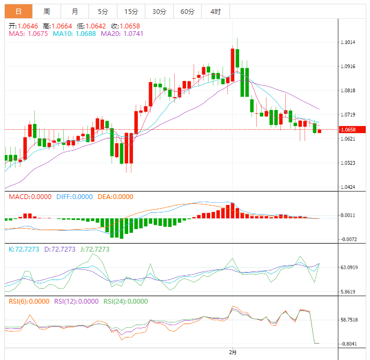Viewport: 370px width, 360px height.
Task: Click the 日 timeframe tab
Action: click(19, 11)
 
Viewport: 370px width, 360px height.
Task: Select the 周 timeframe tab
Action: click(47, 11)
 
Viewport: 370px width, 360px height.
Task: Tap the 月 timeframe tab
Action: click(75, 11)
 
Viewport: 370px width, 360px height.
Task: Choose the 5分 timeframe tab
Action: click(102, 11)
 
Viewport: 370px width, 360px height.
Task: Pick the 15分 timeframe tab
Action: click(131, 11)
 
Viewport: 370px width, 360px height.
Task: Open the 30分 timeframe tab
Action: click(159, 11)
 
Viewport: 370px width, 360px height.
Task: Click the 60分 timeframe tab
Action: click(187, 11)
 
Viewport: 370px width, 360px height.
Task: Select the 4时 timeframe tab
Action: click(216, 11)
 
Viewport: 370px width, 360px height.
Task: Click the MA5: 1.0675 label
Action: click(28, 33)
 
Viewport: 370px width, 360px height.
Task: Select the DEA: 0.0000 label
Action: click(115, 197)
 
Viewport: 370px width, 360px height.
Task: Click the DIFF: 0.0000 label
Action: click(75, 197)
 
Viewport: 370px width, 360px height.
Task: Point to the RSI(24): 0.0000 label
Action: click(125, 302)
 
